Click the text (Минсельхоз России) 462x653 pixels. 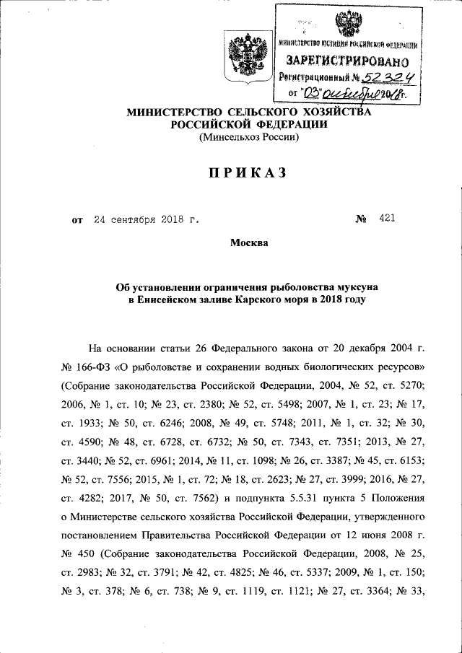pyautogui.click(x=248, y=136)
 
